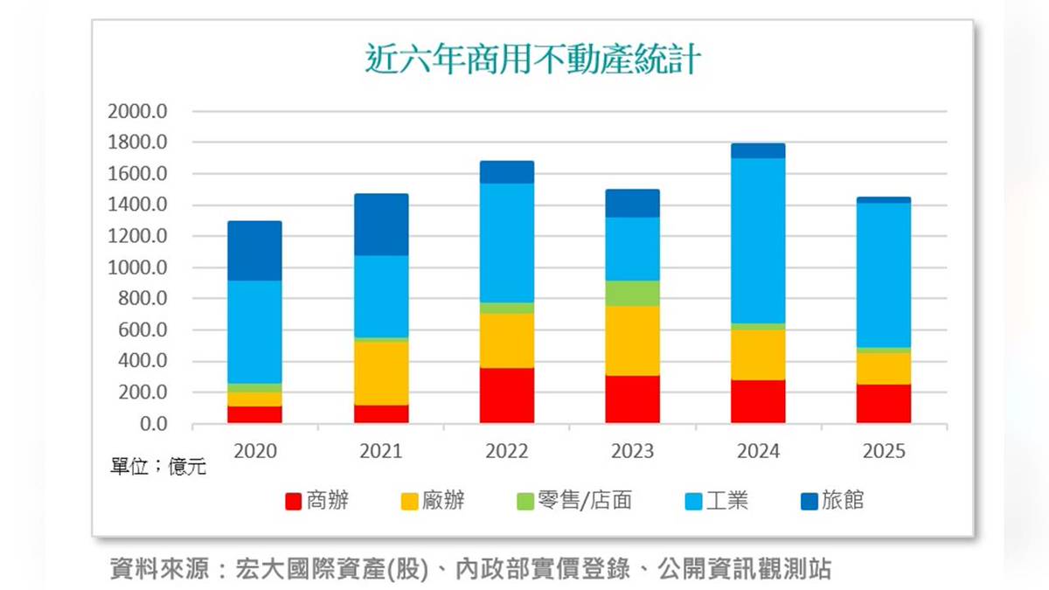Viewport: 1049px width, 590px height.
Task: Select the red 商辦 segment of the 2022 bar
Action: (507, 395)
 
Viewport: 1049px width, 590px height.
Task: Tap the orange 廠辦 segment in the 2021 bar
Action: (381, 373)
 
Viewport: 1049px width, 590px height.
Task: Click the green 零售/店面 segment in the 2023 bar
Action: (633, 294)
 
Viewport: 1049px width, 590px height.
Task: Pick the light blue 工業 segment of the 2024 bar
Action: (758, 240)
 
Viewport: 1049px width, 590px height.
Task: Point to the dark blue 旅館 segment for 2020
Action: (255, 251)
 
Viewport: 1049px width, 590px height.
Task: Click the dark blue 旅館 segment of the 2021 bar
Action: (381, 225)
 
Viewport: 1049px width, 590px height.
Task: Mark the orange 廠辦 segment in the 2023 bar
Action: (633, 341)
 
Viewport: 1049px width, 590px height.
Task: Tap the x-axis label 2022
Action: (507, 451)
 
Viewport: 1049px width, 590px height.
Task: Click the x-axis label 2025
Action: (884, 451)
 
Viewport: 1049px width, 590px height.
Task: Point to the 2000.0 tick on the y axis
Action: (137, 112)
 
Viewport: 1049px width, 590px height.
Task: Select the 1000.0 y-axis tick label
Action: (137, 268)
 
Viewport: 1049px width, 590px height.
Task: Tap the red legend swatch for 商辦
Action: (294, 501)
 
